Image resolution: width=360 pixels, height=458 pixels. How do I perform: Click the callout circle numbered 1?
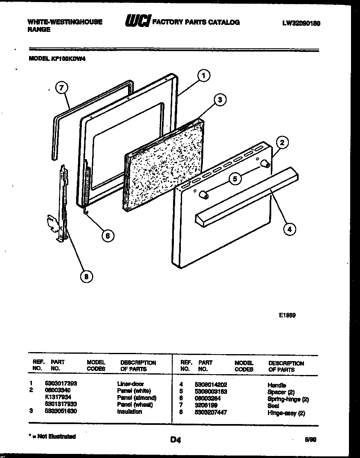coord(204,75)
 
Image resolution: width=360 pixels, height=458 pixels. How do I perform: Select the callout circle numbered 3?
coord(220,99)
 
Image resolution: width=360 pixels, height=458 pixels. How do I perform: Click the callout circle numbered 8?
coord(85,277)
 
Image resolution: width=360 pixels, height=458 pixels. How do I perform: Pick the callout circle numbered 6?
coord(108,236)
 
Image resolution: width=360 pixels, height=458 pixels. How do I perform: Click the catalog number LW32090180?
coord(301,24)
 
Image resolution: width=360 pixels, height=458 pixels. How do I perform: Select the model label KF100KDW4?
coord(57,58)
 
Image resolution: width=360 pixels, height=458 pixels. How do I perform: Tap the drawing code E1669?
coord(288,315)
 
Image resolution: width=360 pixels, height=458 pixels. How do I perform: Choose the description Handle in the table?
coord(277,385)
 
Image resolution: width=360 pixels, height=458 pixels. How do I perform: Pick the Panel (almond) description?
coord(137,397)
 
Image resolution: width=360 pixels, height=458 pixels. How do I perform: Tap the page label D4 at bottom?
coord(175,440)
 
